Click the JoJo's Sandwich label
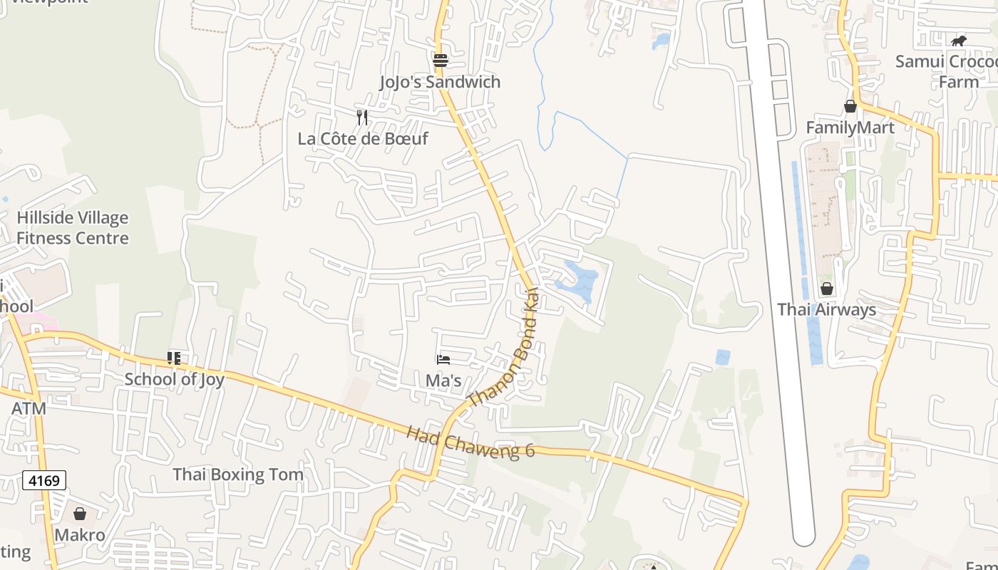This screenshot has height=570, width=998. pos(440,82)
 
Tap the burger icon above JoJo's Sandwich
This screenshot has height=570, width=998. pos(441,60)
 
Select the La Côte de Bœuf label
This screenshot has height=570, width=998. pos(363,138)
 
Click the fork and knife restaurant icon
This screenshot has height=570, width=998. pos(362,117)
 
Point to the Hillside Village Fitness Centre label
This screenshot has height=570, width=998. pos(73,228)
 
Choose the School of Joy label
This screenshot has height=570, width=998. pos(174,379)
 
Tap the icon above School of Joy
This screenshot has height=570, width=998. pos(174,358)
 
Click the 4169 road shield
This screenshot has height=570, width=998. pos(44,480)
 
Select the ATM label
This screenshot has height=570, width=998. pos(29,409)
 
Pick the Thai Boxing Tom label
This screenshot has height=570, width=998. pos(238,475)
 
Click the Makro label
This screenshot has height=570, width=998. pos(80,535)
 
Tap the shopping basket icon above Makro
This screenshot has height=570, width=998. pos(80,514)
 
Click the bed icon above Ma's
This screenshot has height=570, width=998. pos(443,360)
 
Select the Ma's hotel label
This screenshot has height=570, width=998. pos(443,380)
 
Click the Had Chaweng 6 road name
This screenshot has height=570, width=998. pos(470,442)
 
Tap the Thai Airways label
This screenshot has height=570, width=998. pos(827,310)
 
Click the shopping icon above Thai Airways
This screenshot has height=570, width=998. pos(827,289)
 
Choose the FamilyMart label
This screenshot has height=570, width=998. pos(850,128)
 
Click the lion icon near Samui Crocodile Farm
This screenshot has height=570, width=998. pos(959,41)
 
